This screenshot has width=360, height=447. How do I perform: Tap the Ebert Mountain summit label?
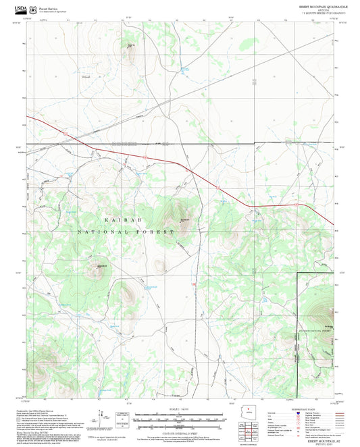(x=183, y=218)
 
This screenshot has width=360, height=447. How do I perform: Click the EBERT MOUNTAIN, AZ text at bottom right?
(x=315, y=440)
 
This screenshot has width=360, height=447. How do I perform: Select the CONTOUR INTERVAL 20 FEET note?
(x=179, y=431)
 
